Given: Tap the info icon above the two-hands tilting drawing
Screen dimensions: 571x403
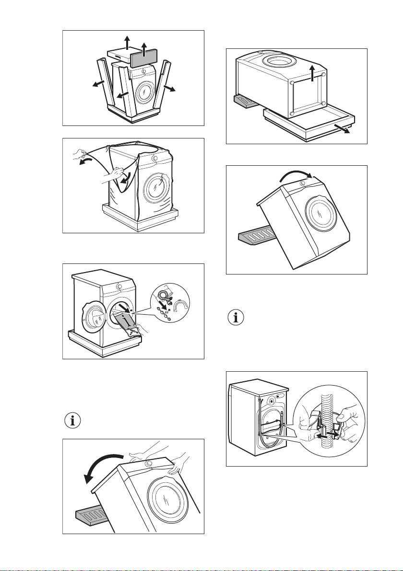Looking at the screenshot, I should point(72,422).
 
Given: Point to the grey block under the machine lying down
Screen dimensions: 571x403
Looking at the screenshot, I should point(246,102).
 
